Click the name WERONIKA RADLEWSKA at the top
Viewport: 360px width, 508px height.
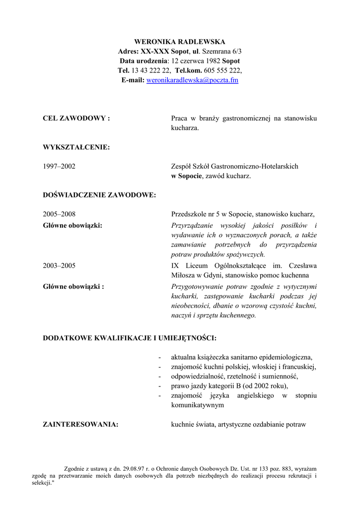[180, 42]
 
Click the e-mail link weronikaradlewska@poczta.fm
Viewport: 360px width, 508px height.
[192, 80]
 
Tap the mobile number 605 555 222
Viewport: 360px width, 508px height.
[222, 70]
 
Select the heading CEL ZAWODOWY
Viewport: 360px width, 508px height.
[76, 119]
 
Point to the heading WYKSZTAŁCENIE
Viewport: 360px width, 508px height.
[76, 147]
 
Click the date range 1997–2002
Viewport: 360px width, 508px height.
[59, 167]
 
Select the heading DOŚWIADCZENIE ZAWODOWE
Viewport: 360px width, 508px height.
[99, 195]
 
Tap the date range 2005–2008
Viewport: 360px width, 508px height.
[59, 214]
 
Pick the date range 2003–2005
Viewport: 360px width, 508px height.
[59, 266]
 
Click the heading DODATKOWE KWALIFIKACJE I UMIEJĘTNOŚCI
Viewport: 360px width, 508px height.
[130, 338]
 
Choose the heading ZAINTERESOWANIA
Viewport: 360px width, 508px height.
[80, 425]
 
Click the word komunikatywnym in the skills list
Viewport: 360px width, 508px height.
[197, 405]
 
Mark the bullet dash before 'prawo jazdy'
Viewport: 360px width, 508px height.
[159, 386]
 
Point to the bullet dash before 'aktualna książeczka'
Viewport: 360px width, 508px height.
[159, 357]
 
